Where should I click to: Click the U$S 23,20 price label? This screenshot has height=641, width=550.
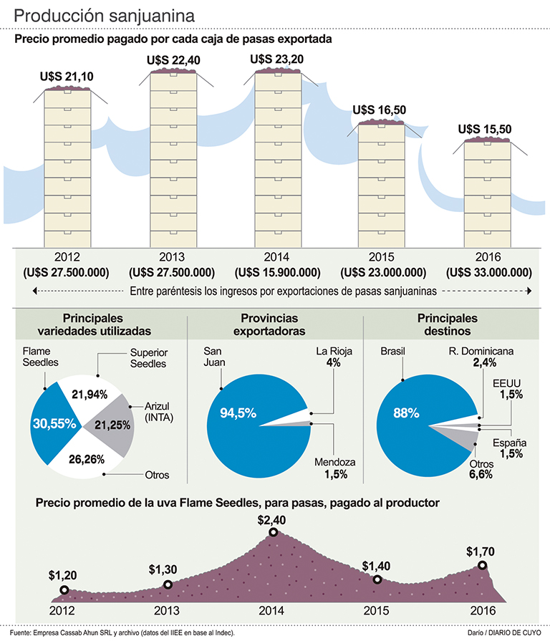(x=276, y=60)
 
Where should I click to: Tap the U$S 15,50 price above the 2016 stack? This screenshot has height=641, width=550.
(x=484, y=129)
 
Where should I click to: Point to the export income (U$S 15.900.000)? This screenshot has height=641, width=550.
(x=276, y=272)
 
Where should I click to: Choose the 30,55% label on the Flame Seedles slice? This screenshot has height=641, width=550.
(x=54, y=423)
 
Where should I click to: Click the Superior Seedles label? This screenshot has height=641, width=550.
(x=148, y=358)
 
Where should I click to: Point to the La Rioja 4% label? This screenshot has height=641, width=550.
(x=332, y=357)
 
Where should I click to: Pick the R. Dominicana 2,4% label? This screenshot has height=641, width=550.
(x=481, y=357)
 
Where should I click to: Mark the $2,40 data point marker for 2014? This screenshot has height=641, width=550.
(x=274, y=532)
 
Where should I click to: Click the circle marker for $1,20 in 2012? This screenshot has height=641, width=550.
(x=64, y=590)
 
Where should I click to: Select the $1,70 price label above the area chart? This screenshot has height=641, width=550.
(x=481, y=551)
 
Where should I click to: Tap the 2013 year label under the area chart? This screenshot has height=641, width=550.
(x=166, y=611)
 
